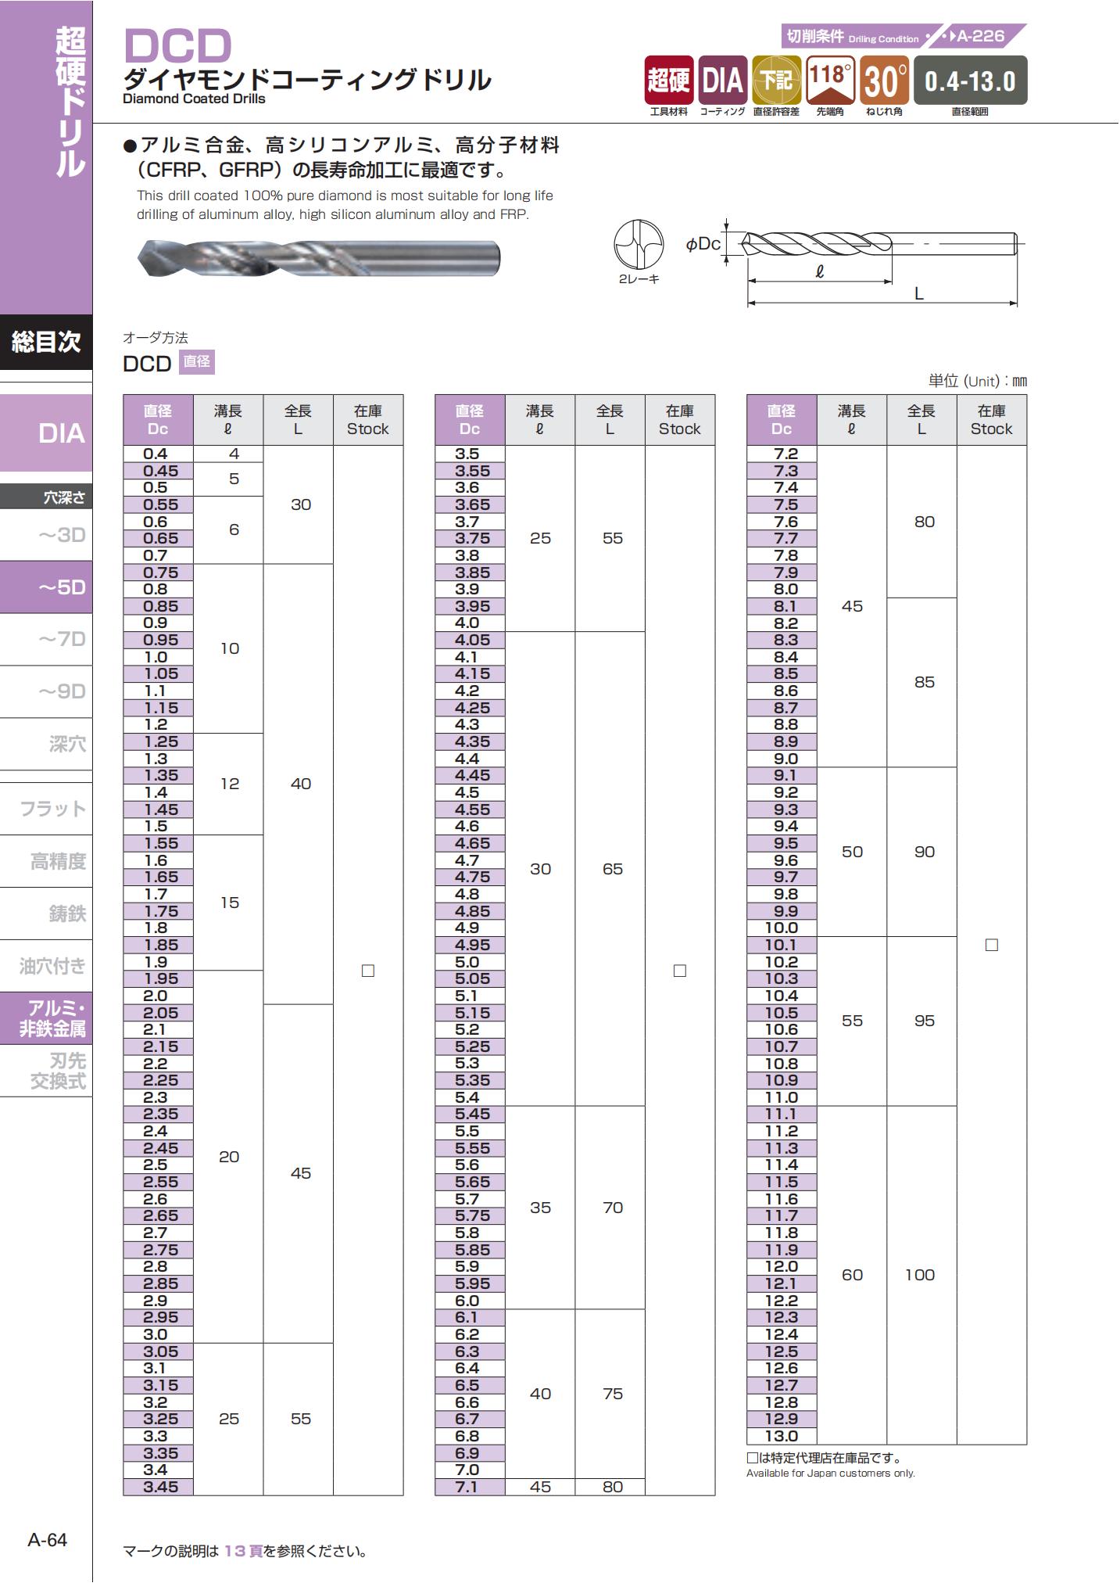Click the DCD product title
pos(178,46)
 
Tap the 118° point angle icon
pos(830,80)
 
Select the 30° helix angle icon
pos(885,80)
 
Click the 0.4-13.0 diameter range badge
pos(969,80)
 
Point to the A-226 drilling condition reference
pos(980,36)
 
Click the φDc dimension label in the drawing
pos(703,244)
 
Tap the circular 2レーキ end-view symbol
pos(639,244)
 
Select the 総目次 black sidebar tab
pos(46,342)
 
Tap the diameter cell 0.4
pos(157,454)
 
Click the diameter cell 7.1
pos(469,1487)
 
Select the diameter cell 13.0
pos(781,1436)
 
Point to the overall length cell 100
pos(921,1275)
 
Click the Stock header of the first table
pos(368,420)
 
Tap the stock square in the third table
pos(992,945)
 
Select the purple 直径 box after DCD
pos(197,361)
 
